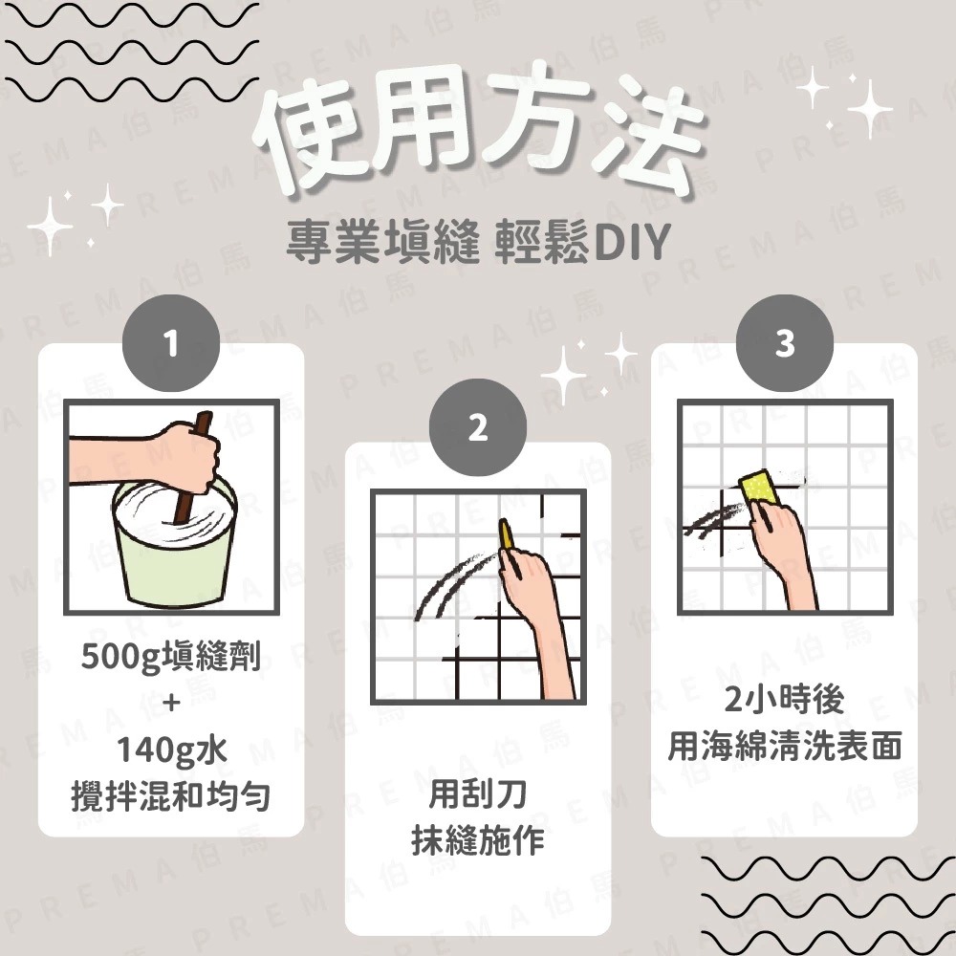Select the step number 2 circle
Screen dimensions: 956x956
click(477, 430)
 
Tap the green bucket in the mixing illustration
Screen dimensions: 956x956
click(172, 554)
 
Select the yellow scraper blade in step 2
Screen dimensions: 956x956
click(506, 535)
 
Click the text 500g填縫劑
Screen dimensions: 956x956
click(171, 659)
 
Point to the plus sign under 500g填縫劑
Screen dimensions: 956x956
click(171, 704)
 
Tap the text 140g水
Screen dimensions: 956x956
click(171, 750)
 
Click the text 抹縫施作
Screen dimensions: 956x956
click(477, 840)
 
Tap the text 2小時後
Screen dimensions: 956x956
click(784, 701)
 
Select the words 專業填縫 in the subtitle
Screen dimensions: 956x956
click(382, 246)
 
